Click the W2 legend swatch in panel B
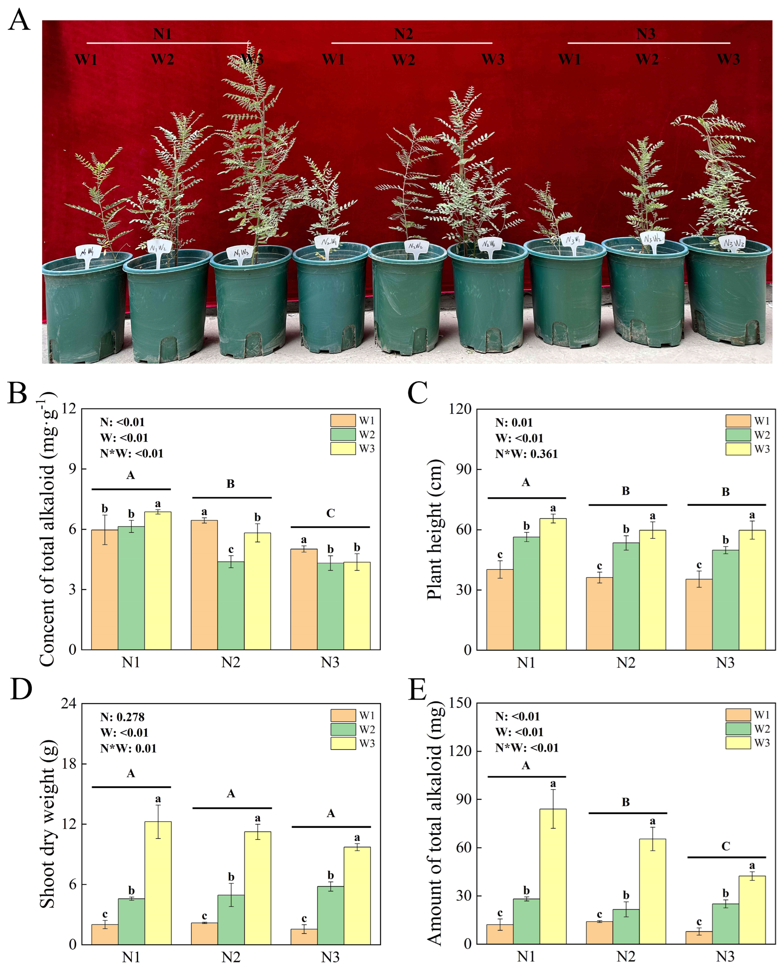click(343, 435)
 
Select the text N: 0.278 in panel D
click(122, 717)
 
